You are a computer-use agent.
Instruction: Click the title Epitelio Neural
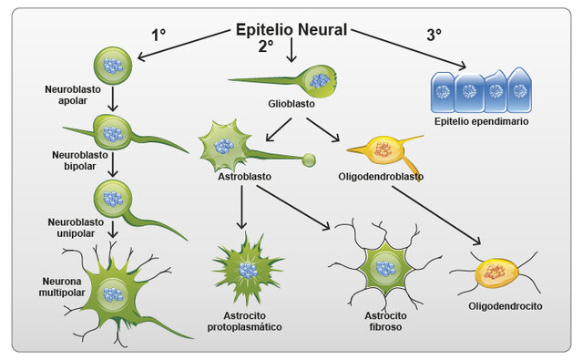pyautogui.click(x=291, y=29)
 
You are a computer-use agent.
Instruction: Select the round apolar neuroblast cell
pyautogui.click(x=114, y=66)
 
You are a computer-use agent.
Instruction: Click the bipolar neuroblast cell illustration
pyautogui.click(x=115, y=133)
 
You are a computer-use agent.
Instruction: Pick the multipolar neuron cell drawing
pyautogui.click(x=114, y=293)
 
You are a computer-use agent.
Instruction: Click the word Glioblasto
pyautogui.click(x=291, y=104)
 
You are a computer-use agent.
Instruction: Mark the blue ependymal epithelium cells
pyautogui.click(x=481, y=90)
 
